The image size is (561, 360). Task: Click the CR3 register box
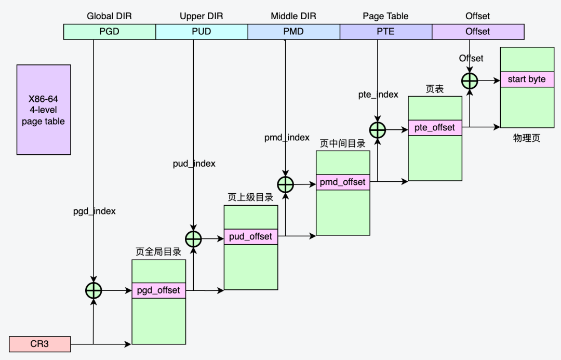pos(39,343)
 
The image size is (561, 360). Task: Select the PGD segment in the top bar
pos(110,32)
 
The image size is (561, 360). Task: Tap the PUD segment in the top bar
pos(202,32)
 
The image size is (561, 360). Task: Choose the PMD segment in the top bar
pos(293,32)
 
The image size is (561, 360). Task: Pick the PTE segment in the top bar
pos(385,32)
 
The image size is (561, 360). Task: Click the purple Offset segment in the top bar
pos(477,32)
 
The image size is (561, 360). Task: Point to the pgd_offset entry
pos(158,290)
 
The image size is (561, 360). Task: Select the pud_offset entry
pos(250,236)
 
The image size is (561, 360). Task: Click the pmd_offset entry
pos(343,182)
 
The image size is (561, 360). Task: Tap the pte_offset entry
pos(435,128)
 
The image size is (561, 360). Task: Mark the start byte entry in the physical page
pos(527,79)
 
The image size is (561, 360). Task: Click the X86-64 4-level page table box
pos(44,110)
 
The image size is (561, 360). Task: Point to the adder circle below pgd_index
pos(94,291)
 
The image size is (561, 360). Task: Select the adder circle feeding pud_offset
pos(193,239)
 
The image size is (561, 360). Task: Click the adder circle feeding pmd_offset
pos(285,184)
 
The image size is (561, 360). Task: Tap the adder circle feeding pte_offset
pos(378,130)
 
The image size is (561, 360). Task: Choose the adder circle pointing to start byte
pos(470,81)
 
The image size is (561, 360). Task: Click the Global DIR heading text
pos(109,16)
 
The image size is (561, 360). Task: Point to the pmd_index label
pos(287,138)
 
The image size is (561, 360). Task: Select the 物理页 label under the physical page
pos(527,139)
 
